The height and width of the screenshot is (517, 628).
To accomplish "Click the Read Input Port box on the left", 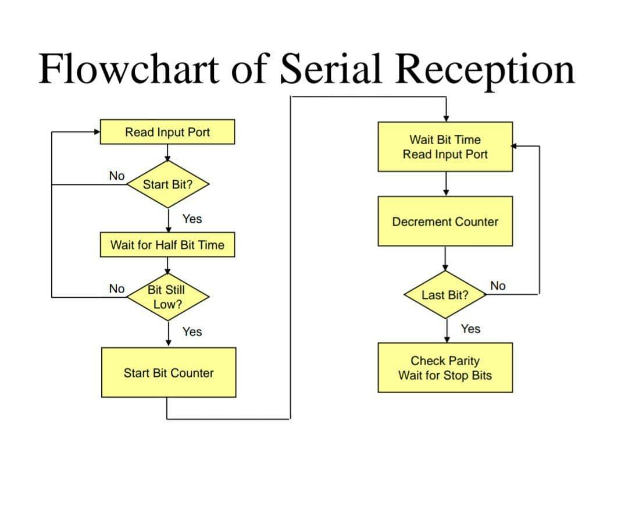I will click(167, 132).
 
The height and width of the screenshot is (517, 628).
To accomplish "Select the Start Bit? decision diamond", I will click(167, 184).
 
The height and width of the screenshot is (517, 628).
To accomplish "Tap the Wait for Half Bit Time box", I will click(167, 245).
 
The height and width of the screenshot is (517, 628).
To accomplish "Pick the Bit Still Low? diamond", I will click(167, 297).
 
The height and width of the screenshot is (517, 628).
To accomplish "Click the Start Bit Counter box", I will click(169, 373).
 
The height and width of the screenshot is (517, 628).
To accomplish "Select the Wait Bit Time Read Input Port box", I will click(445, 147).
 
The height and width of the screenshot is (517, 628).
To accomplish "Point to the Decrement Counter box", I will click(445, 222).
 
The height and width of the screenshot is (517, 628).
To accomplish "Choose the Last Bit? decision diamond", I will click(445, 295).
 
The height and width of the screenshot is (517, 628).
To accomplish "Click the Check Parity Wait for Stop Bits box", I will click(445, 368).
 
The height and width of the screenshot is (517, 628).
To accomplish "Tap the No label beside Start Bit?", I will click(117, 176).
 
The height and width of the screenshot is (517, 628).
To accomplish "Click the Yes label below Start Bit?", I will click(192, 219).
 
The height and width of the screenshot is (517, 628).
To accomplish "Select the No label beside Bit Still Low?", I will click(117, 288).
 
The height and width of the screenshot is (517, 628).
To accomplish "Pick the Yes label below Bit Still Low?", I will click(192, 331).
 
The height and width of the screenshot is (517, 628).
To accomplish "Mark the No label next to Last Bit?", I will click(498, 286).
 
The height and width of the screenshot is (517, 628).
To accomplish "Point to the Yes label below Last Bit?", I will click(470, 329).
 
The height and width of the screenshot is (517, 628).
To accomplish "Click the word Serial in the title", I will click(330, 69).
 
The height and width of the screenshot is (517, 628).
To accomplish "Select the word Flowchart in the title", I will click(129, 69).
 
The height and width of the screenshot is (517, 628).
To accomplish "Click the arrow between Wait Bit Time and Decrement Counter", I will click(445, 184).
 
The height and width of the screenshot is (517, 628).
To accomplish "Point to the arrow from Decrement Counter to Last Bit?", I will click(445, 258).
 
